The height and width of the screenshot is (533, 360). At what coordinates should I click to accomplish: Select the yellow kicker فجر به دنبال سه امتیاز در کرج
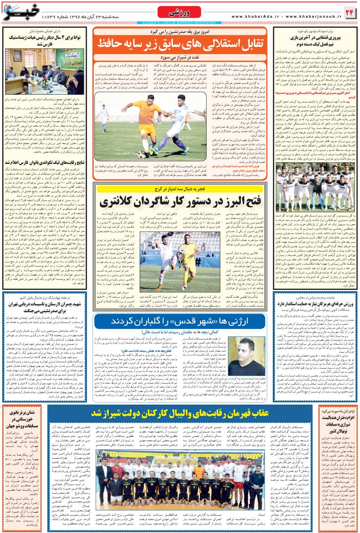(x=180, y=189)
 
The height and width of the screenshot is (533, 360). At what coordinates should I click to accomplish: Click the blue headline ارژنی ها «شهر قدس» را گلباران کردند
(x=180, y=321)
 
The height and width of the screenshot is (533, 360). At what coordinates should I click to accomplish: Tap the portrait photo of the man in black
(x=245, y=356)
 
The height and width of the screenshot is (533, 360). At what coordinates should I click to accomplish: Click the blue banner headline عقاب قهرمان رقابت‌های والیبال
(x=180, y=413)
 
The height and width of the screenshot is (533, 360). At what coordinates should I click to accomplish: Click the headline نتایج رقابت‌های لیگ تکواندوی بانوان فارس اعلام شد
(x=45, y=163)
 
